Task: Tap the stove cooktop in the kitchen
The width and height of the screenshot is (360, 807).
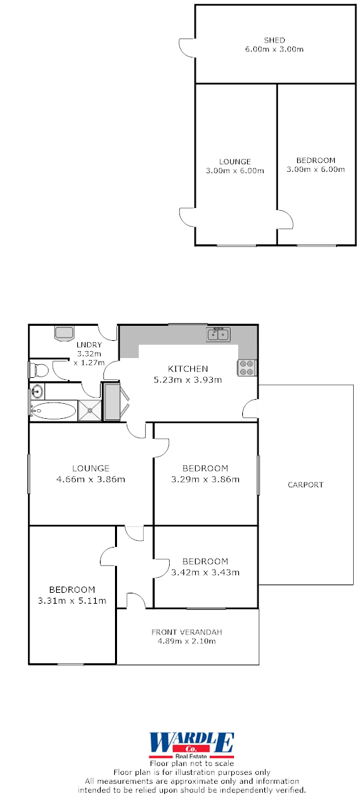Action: (246, 368)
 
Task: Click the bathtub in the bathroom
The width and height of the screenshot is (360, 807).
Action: (53, 411)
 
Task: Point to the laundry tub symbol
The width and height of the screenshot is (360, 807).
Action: (64, 333)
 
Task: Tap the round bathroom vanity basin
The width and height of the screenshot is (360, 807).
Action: (36, 392)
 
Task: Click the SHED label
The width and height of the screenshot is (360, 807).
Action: (274, 40)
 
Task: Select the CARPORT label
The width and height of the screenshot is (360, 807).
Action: (305, 485)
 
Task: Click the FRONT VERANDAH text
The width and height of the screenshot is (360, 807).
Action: (187, 632)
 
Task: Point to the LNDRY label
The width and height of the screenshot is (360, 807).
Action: (90, 344)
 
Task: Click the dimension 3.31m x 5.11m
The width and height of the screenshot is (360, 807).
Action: (72, 600)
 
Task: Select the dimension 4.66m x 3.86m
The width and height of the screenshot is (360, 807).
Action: (91, 479)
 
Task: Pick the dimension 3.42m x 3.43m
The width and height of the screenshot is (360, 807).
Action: (205, 572)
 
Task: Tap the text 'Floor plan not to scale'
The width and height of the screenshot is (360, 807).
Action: (192, 763)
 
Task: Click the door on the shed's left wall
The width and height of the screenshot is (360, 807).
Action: (187, 47)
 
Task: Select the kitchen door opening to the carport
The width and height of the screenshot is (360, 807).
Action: (251, 409)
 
